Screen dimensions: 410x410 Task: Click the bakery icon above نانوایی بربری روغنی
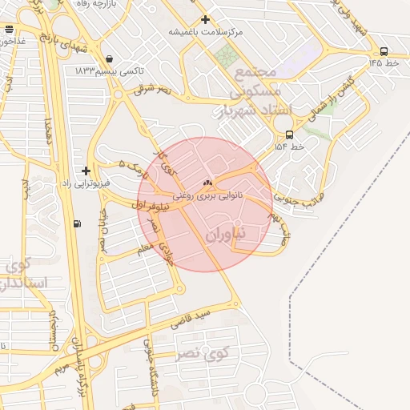click(208, 181)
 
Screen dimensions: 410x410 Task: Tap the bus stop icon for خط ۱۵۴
click(289, 135)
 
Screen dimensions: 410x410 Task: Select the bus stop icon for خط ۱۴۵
click(384, 51)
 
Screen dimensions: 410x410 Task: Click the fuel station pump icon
click(77, 223)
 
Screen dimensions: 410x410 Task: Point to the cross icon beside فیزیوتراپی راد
click(86, 171)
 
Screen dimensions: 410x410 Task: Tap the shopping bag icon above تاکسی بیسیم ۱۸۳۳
click(109, 58)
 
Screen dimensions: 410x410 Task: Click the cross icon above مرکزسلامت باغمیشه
click(206, 19)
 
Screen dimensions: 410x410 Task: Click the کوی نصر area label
click(201, 351)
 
